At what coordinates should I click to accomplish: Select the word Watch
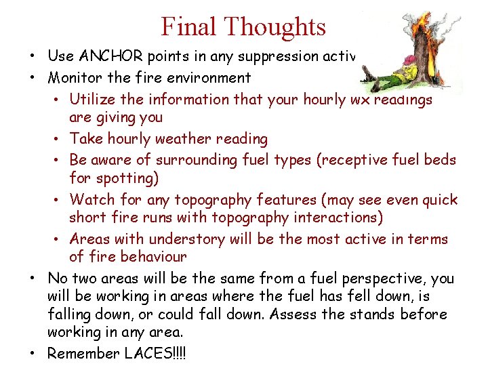tap(91, 200)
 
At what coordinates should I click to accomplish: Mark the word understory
tap(185, 239)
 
